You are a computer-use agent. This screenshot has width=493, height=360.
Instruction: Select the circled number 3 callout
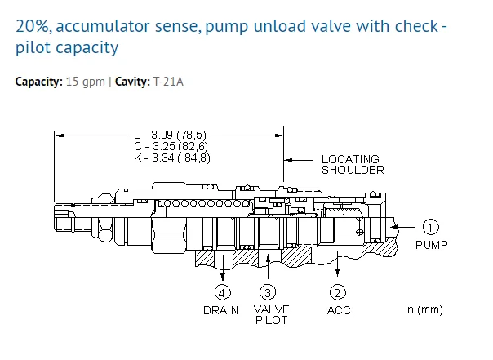click(x=267, y=291)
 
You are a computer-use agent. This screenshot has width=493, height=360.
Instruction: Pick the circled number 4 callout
click(x=221, y=291)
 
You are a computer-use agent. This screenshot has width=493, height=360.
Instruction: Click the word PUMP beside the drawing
click(x=432, y=244)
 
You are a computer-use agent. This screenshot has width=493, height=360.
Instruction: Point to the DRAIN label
click(x=221, y=310)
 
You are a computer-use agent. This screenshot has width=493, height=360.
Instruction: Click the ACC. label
click(x=340, y=310)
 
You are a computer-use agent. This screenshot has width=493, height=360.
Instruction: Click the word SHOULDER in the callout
click(x=353, y=170)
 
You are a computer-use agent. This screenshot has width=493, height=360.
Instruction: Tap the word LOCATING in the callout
click(x=350, y=159)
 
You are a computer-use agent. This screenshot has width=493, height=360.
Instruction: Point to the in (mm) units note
click(x=424, y=310)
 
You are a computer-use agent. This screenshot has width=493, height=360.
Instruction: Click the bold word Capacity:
click(x=38, y=82)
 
